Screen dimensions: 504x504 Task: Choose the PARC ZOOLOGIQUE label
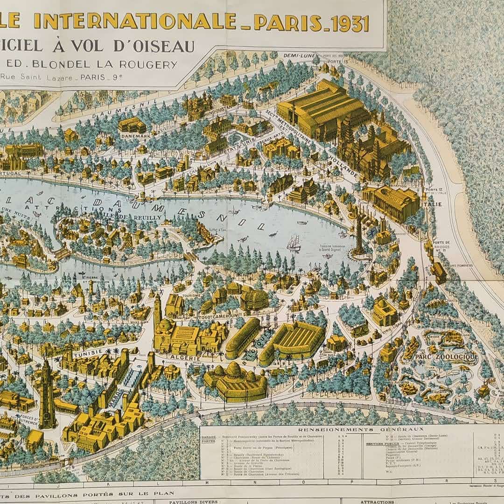(x=446, y=357)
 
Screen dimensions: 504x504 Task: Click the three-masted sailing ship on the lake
(x=294, y=243)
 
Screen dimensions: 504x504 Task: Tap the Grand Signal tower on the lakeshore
(x=358, y=236)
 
